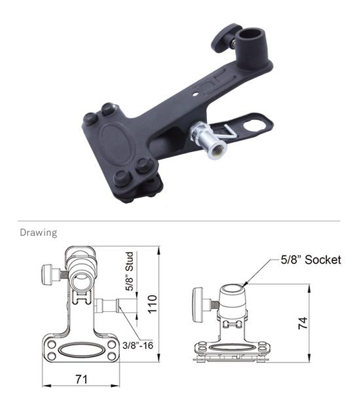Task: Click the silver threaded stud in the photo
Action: tap(208, 139)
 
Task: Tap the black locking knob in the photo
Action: tap(223, 37)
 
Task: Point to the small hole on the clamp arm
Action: tap(196, 94)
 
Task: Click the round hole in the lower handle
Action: tap(255, 126)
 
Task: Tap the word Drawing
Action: tap(39, 232)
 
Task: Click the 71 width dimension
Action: tap(81, 379)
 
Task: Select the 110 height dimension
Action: tap(152, 304)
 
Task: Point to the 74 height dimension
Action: tap(303, 323)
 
